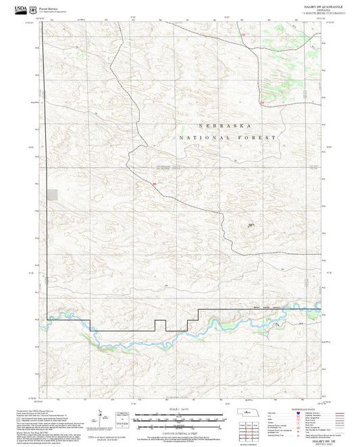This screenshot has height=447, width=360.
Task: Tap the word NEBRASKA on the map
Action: (x=226, y=126)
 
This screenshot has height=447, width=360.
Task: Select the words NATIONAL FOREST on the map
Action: (x=228, y=138)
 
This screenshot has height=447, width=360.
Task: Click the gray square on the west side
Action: (x=52, y=194)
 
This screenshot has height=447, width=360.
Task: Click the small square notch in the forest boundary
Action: (x=160, y=325)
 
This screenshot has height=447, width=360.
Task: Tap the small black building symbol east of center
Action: (x=251, y=225)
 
